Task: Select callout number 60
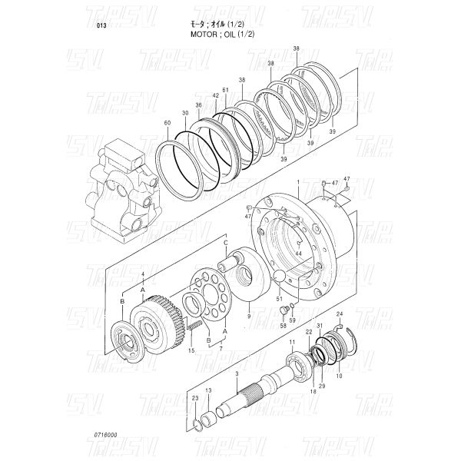(167, 123)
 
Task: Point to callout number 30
(185, 113)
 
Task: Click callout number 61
(225, 90)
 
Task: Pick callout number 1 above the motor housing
(297, 182)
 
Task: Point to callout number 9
(248, 315)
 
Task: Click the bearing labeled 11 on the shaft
(295, 361)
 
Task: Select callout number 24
(340, 314)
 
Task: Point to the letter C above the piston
(225, 243)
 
